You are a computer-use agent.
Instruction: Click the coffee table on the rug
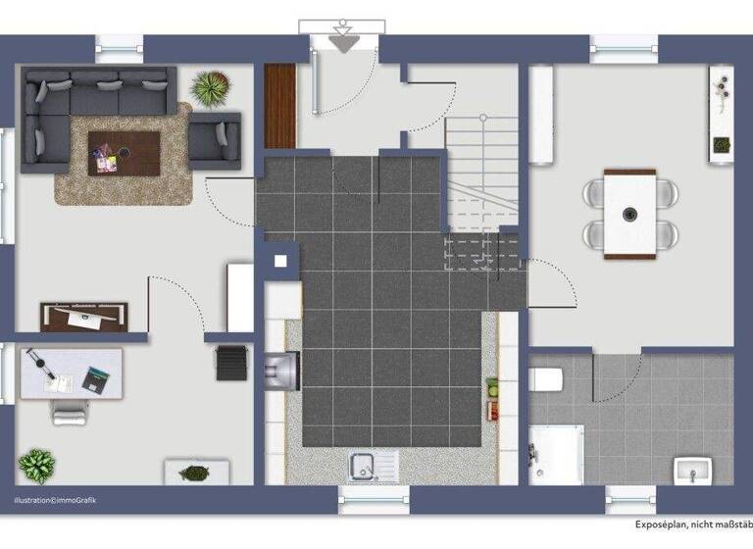click(x=124, y=152)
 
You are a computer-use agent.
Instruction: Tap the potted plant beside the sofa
click(x=210, y=88)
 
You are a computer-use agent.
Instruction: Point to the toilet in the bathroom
click(x=544, y=378)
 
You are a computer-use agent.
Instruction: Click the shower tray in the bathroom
click(x=556, y=454)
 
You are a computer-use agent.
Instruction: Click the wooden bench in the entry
click(x=279, y=106)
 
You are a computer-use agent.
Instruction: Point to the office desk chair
click(x=70, y=411)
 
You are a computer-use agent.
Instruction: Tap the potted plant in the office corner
click(x=37, y=465)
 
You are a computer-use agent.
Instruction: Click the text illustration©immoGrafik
click(x=55, y=501)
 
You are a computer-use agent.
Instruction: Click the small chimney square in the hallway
click(x=280, y=262)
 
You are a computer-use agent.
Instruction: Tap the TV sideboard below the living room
click(x=84, y=316)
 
